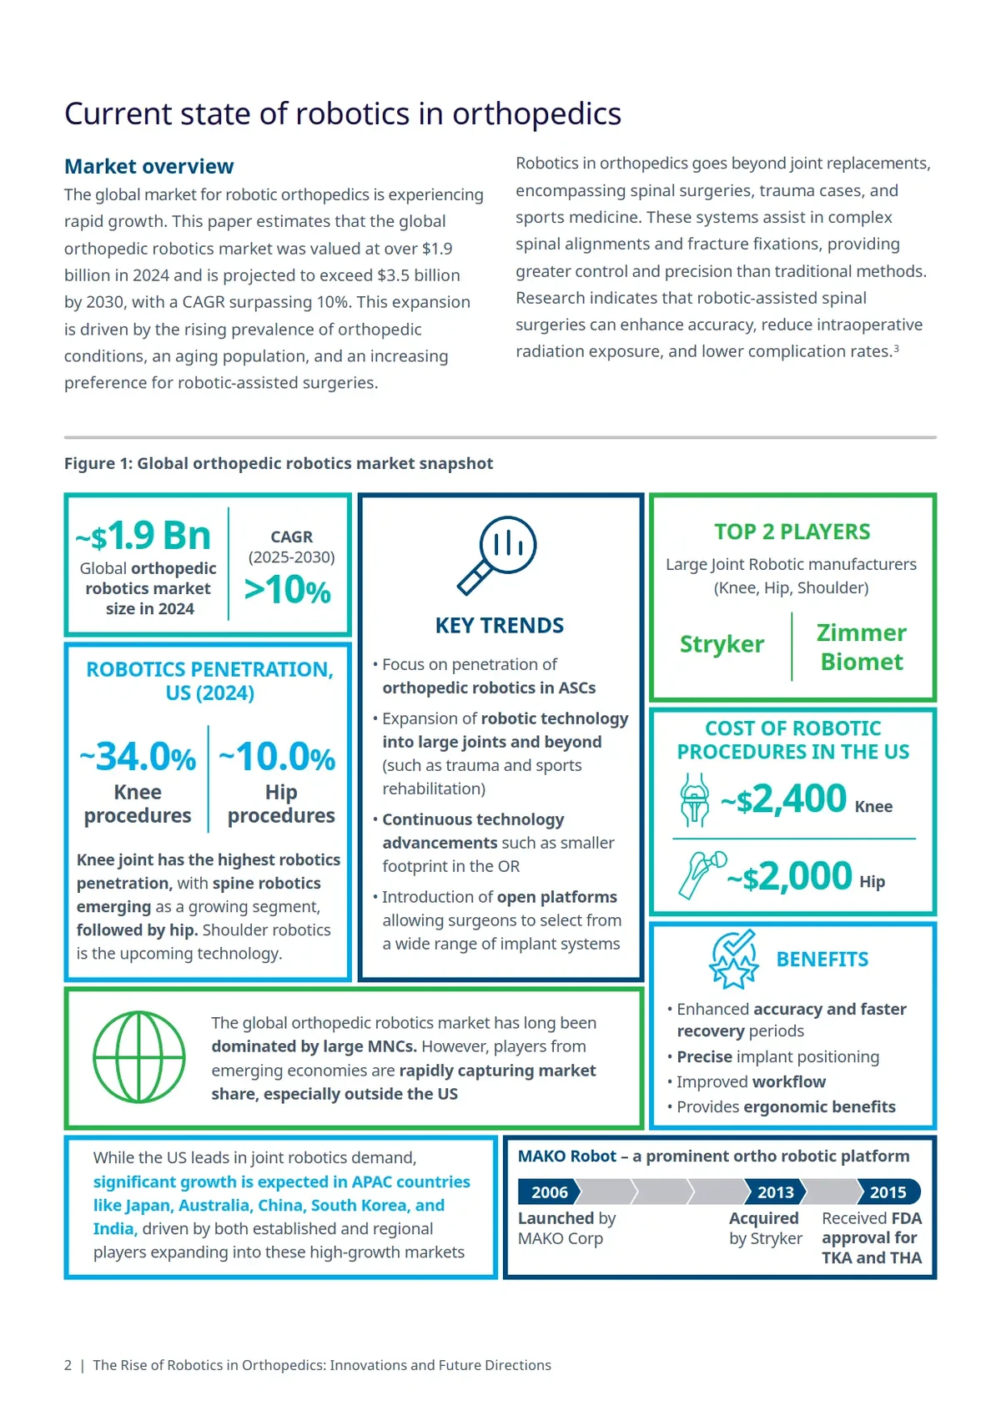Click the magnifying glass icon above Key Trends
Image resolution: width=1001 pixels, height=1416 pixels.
[x=498, y=554]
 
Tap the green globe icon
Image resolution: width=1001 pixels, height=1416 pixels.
[x=138, y=1057]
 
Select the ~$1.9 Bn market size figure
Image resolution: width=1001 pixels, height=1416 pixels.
[x=143, y=536]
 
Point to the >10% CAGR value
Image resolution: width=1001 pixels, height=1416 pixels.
[x=288, y=590]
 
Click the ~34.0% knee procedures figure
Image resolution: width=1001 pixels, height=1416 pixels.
[x=138, y=757]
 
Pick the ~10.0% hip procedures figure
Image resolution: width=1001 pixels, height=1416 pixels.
[x=277, y=757]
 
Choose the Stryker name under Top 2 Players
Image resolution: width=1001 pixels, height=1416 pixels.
[x=722, y=644]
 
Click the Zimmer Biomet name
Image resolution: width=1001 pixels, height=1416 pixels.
[x=861, y=647]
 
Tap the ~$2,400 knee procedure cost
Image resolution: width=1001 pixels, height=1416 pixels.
[x=783, y=799]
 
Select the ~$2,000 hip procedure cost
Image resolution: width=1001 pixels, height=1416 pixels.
[x=789, y=876]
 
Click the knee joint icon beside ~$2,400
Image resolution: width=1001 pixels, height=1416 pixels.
[x=694, y=799]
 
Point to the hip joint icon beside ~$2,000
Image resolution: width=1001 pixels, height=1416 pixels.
[x=701, y=874]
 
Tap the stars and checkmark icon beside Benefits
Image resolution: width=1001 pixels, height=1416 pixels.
[x=733, y=959]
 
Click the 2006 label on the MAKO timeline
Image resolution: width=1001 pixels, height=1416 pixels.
[x=549, y=1192]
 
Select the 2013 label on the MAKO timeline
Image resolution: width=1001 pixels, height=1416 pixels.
[x=775, y=1192]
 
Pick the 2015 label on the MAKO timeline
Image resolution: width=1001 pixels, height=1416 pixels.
[x=888, y=1192]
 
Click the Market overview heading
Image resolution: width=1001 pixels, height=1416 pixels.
[x=148, y=166]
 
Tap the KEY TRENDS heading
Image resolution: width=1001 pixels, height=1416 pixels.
[x=499, y=625]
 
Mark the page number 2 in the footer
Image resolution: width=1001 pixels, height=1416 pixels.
[x=68, y=1365]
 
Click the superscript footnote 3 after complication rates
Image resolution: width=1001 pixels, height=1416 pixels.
[x=896, y=349]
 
